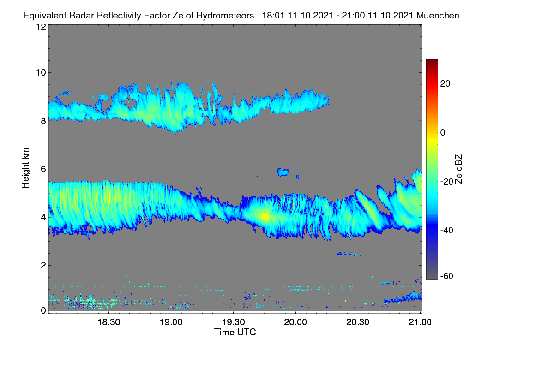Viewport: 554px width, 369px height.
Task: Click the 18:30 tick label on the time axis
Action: (x=108, y=322)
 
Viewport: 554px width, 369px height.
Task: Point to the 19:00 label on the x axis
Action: (x=171, y=322)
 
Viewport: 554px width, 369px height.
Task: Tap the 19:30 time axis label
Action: (x=233, y=322)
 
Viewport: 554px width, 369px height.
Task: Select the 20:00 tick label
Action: (x=295, y=322)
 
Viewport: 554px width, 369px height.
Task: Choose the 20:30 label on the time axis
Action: (x=358, y=322)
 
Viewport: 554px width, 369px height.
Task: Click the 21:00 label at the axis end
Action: (x=420, y=322)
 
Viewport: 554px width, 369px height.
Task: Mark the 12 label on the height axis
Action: (x=41, y=27)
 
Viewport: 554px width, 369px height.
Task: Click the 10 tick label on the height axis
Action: (x=41, y=73)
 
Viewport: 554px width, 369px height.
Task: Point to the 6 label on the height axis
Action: (x=43, y=169)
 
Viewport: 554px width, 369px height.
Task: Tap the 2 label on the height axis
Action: (x=43, y=265)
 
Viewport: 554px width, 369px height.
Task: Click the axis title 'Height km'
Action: (x=25, y=168)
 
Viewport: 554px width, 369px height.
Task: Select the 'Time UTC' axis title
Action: (x=235, y=332)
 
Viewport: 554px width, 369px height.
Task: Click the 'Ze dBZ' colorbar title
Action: (x=458, y=169)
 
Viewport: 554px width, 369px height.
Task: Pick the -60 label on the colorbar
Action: (x=447, y=276)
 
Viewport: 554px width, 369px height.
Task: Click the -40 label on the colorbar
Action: (x=447, y=231)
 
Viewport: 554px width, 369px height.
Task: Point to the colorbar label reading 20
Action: (x=445, y=84)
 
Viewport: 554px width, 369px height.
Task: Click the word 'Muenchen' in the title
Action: (x=438, y=16)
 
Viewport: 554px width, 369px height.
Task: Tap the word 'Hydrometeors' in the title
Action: (x=225, y=16)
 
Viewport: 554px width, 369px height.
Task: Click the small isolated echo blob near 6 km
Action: (x=283, y=172)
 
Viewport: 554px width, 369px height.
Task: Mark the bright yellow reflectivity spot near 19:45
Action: (x=265, y=216)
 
